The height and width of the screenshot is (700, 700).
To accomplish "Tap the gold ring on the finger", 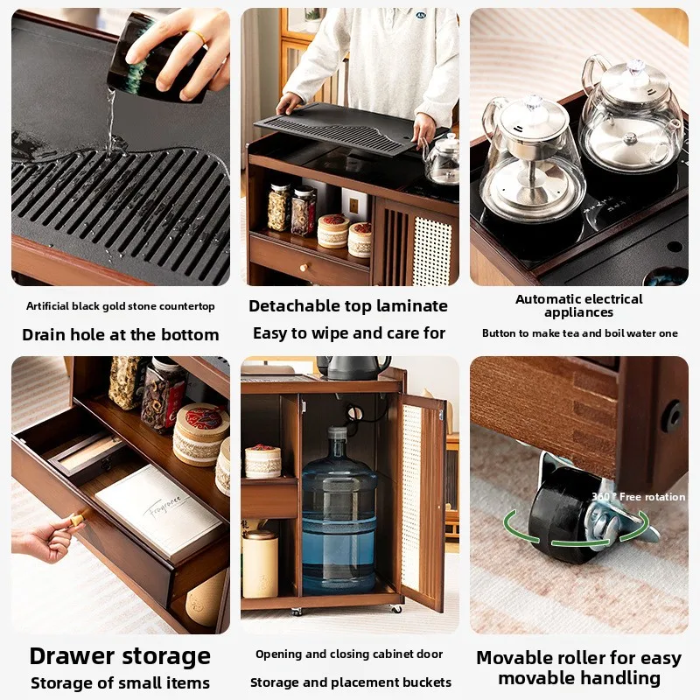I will pos(200,38).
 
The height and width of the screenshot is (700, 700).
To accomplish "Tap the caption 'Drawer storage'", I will pos(120,656).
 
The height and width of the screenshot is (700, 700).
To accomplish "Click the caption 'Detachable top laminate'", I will pos(348,305).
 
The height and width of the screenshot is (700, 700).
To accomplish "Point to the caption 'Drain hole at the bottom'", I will pos(121,334).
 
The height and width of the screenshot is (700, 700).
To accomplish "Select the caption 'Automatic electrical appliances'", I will pos(579,305).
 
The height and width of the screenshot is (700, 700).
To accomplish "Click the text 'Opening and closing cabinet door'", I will pos(349,654).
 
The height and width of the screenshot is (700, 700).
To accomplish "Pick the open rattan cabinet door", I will pos(422,499).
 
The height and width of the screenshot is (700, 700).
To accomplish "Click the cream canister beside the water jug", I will pos(260,564).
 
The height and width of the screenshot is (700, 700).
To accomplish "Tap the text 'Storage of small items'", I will pos(121,683).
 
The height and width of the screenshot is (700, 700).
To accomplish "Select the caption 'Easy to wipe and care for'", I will pos(349,333).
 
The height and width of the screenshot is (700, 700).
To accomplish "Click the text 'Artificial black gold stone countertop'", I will pos(121,306).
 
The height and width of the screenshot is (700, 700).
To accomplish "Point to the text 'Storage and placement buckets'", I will pos(350,682).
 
